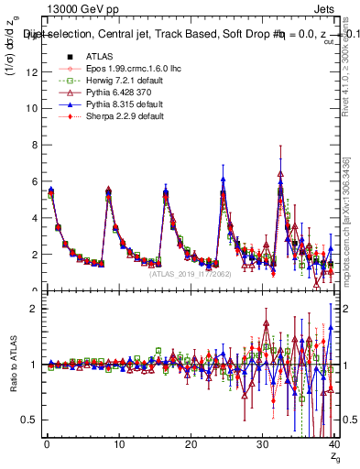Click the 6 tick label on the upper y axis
(x=32, y=181)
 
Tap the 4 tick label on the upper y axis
(x=32, y=218)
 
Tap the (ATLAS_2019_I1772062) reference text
(x=191, y=273)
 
